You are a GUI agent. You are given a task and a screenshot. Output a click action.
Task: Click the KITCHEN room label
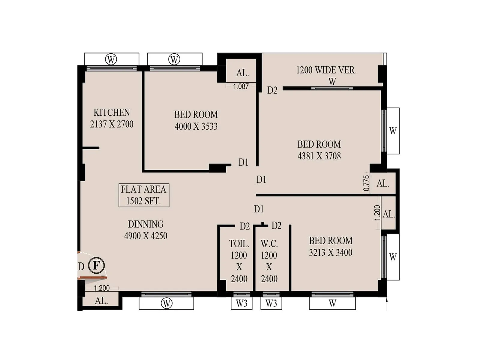[112, 112]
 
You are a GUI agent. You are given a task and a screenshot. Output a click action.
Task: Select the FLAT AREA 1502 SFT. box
[144, 195]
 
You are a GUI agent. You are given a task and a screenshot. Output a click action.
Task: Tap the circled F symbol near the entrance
[96, 265]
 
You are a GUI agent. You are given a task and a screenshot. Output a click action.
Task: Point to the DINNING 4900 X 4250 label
[145, 230]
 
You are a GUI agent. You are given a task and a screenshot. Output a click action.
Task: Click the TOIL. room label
[239, 243]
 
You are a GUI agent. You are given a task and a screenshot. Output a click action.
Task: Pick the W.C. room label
[269, 243]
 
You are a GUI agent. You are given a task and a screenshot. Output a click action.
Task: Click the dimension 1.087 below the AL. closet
[241, 86]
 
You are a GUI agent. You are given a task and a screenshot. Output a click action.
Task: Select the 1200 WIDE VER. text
[326, 70]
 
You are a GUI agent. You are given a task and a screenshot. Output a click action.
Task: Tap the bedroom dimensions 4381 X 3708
[319, 156]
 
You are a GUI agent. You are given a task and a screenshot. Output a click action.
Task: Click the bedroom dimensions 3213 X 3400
[331, 253]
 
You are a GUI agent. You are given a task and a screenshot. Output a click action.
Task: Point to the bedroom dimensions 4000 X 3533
[196, 126]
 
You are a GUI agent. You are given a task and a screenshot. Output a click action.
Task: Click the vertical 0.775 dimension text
[366, 183]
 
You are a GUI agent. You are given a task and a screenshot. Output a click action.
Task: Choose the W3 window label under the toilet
[241, 303]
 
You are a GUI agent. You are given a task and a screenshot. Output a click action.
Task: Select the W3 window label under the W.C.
[271, 303]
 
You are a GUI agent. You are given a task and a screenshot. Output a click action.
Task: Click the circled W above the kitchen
[111, 59]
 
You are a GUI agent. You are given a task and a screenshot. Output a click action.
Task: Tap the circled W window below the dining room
[166, 303]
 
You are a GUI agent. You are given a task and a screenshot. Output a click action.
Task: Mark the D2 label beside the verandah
[272, 90]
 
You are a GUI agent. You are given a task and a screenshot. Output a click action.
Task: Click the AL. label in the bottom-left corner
[101, 301]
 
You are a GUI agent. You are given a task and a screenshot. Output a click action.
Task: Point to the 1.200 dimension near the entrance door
[102, 288]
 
